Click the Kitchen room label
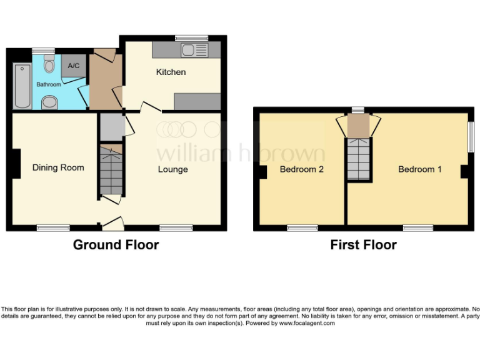point(171,72)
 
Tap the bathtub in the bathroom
point(21,86)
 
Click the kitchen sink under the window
point(190,49)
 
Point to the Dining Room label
point(58,167)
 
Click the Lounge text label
point(172,169)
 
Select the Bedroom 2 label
point(301,169)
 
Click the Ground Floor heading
point(116,245)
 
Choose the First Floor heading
point(363,245)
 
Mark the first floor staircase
point(359,159)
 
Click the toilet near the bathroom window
point(49,63)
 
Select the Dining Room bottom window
point(53,228)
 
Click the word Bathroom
point(49,84)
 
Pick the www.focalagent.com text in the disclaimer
point(307,323)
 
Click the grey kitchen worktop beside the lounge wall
point(197,101)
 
